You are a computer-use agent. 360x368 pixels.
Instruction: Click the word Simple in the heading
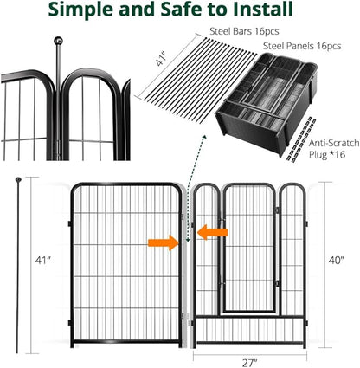81,10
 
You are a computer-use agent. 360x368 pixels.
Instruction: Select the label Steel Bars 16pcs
244,31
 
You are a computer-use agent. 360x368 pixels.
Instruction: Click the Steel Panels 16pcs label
302,46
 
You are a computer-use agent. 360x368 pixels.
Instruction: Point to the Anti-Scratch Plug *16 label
334,149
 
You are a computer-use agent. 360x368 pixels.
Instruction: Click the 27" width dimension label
250,363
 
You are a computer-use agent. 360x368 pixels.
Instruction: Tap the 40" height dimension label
337,260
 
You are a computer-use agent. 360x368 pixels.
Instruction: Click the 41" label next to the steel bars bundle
161,59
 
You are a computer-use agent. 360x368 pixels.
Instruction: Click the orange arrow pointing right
164,242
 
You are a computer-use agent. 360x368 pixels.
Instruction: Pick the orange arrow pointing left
213,232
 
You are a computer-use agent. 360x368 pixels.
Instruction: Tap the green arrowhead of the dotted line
205,137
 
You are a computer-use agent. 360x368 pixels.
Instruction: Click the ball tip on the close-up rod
58,41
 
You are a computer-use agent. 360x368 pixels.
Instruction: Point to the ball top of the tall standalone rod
18,179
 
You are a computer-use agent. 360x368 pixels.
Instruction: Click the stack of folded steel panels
266,101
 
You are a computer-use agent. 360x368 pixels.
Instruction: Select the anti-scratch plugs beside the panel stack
299,139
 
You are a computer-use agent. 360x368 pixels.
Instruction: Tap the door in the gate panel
249,249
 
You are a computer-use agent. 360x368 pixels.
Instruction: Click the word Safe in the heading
181,10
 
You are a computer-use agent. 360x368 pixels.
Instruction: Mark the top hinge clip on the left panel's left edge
70,223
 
